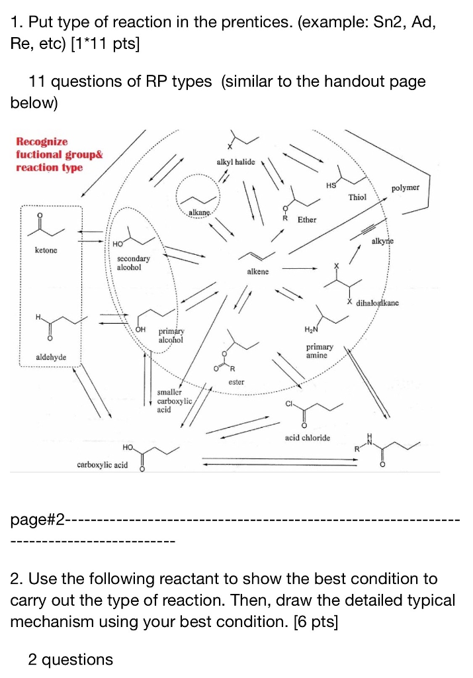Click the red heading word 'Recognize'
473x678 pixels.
click(x=42, y=142)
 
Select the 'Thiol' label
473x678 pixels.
click(x=357, y=197)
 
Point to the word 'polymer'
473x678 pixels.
click(x=405, y=188)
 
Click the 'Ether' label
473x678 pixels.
click(x=307, y=219)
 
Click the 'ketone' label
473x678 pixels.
click(x=46, y=250)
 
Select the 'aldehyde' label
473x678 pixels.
click(x=51, y=358)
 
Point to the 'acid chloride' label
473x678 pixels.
click(x=307, y=438)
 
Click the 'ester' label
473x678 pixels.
click(x=236, y=382)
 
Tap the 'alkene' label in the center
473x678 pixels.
click(x=257, y=272)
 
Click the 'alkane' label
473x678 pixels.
click(x=199, y=211)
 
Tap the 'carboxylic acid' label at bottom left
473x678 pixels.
click(x=103, y=465)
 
